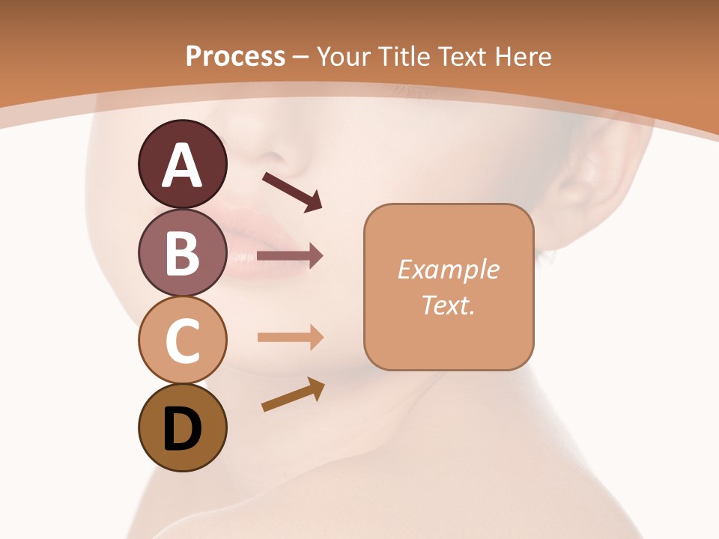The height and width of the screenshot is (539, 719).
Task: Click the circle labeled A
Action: pos(182,164)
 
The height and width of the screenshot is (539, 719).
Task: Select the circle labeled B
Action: pos(182,252)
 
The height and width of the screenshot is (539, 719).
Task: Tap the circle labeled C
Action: pos(182,340)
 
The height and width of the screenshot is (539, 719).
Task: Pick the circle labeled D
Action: pos(182,427)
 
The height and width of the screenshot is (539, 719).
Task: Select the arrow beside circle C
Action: pos(290,338)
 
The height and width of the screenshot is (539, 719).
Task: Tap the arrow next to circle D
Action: pos(293,395)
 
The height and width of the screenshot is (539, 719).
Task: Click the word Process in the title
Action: pos(235,56)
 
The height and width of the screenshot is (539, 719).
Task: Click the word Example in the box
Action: pos(448,269)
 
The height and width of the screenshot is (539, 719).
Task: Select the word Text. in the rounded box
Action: pos(448,305)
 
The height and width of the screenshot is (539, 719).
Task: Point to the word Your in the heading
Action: pos(344,56)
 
